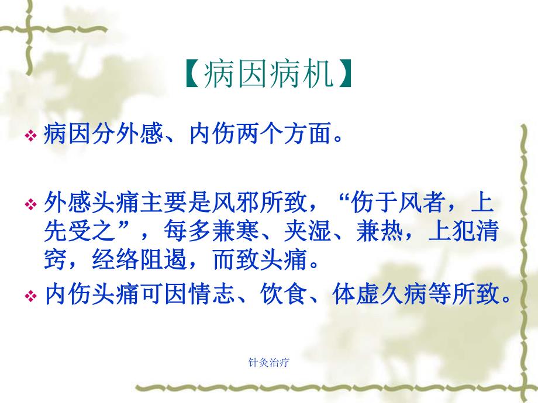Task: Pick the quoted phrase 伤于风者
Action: click(x=398, y=204)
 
